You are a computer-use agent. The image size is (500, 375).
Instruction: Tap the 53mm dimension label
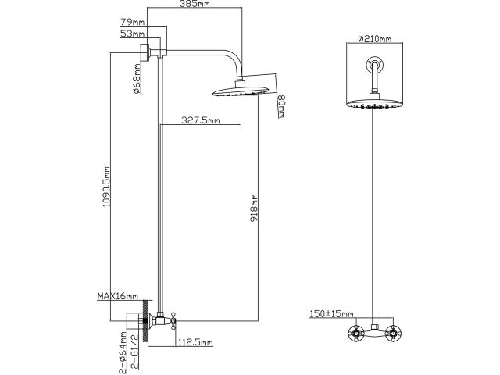131,34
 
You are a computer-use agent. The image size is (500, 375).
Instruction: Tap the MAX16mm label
117,297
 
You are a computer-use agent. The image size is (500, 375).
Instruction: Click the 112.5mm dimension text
195,341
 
